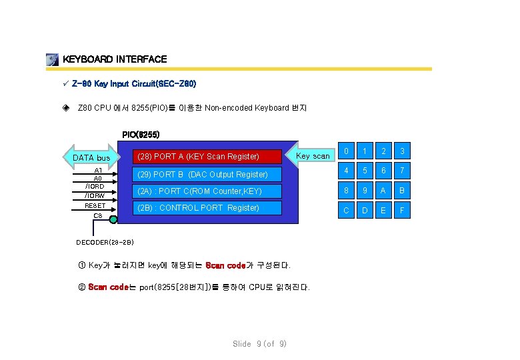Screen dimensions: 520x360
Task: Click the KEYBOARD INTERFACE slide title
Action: (x=114, y=59)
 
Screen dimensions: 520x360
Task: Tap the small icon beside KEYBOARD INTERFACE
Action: (x=53, y=60)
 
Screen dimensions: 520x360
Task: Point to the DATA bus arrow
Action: (x=90, y=158)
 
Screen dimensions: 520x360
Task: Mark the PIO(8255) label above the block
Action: (x=141, y=135)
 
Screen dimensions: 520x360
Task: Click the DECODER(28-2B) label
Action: (x=105, y=241)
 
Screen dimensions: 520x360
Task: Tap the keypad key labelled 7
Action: (x=402, y=171)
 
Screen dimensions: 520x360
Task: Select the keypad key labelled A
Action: (x=382, y=191)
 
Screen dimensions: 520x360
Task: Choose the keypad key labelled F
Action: (x=402, y=211)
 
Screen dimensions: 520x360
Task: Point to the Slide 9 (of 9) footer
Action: (x=259, y=344)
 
